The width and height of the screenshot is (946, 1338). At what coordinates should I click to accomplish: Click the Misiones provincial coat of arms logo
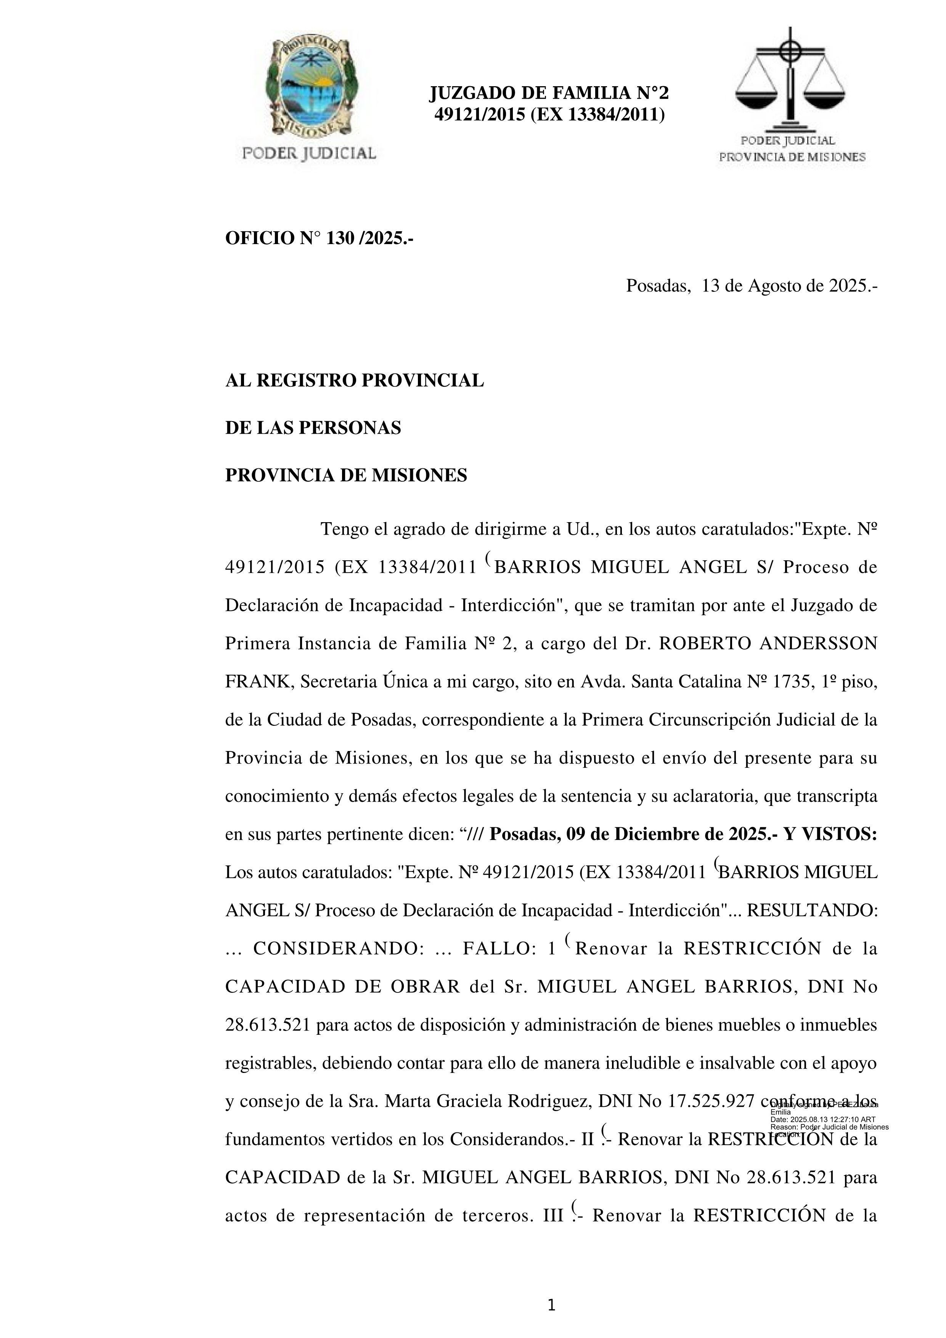pyautogui.click(x=309, y=87)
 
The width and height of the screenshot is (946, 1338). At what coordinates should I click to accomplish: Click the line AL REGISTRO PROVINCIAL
pyautogui.click(x=354, y=381)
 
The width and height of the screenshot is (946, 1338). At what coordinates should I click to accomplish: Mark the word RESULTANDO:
pyautogui.click(x=812, y=910)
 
